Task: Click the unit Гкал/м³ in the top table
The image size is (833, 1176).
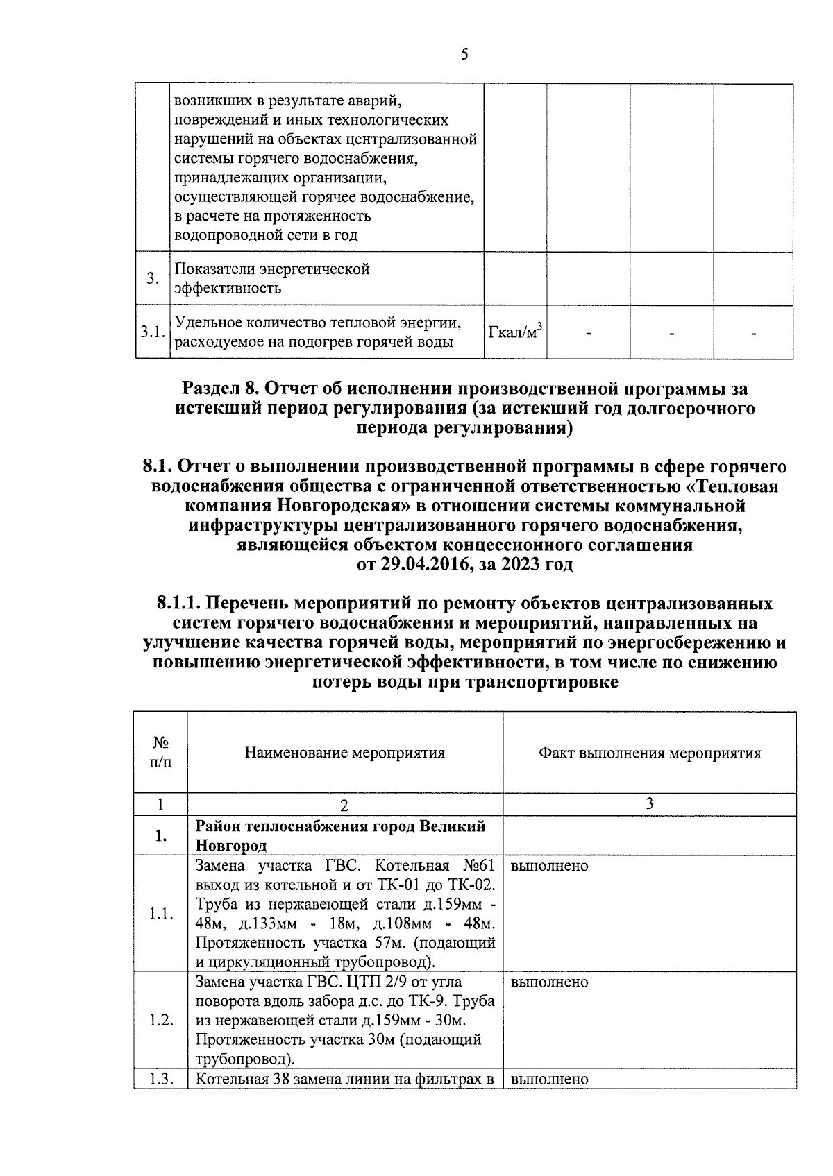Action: [x=515, y=332]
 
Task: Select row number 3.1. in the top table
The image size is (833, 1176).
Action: [x=152, y=332]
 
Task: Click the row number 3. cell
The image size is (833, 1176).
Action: [x=153, y=278]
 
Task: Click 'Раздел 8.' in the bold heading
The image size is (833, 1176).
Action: [x=221, y=389]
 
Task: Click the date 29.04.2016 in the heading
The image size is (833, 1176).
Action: [x=415, y=564]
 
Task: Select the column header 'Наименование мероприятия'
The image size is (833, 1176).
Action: [x=344, y=753]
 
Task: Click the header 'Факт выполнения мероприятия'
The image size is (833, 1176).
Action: [x=649, y=753]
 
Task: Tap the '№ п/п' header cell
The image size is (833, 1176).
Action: [x=160, y=753]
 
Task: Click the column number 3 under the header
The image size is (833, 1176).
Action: [x=649, y=803]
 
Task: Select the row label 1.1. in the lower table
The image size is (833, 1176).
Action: [x=160, y=914]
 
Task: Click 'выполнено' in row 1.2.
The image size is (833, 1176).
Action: [x=549, y=982]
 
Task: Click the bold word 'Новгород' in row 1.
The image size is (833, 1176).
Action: [x=231, y=846]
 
